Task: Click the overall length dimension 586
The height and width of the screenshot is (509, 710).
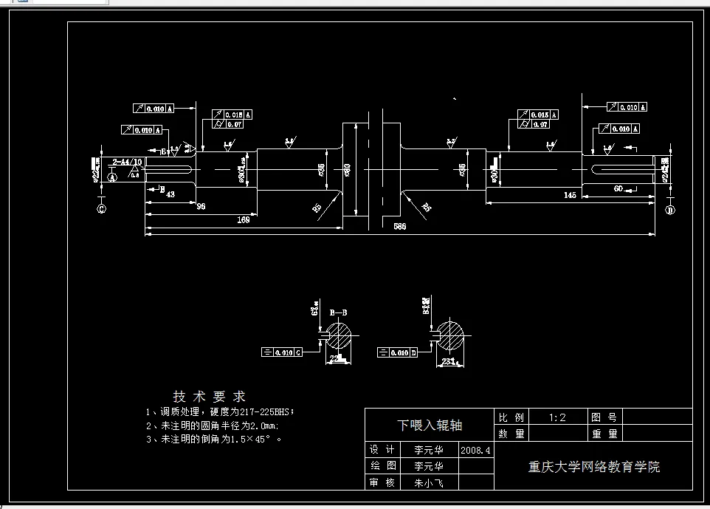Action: [399, 226]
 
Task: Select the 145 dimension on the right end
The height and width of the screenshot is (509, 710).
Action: [569, 195]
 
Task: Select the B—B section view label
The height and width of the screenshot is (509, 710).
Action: [338, 312]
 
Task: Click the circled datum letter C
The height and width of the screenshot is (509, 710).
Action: [101, 209]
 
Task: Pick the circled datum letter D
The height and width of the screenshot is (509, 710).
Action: [670, 210]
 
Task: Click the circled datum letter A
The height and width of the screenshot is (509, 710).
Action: [112, 177]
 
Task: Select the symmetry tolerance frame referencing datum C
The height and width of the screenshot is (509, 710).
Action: [282, 352]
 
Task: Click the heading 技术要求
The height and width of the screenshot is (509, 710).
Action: [209, 397]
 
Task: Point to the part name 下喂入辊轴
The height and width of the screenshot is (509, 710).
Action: [429, 425]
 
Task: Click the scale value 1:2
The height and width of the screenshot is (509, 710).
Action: [557, 417]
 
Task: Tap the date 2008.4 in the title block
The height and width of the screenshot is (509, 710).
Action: [475, 449]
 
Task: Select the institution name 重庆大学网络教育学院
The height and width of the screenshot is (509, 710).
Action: [593, 467]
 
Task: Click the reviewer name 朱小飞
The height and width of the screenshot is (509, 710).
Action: [429, 484]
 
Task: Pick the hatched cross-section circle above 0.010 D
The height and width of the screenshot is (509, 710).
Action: [452, 333]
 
